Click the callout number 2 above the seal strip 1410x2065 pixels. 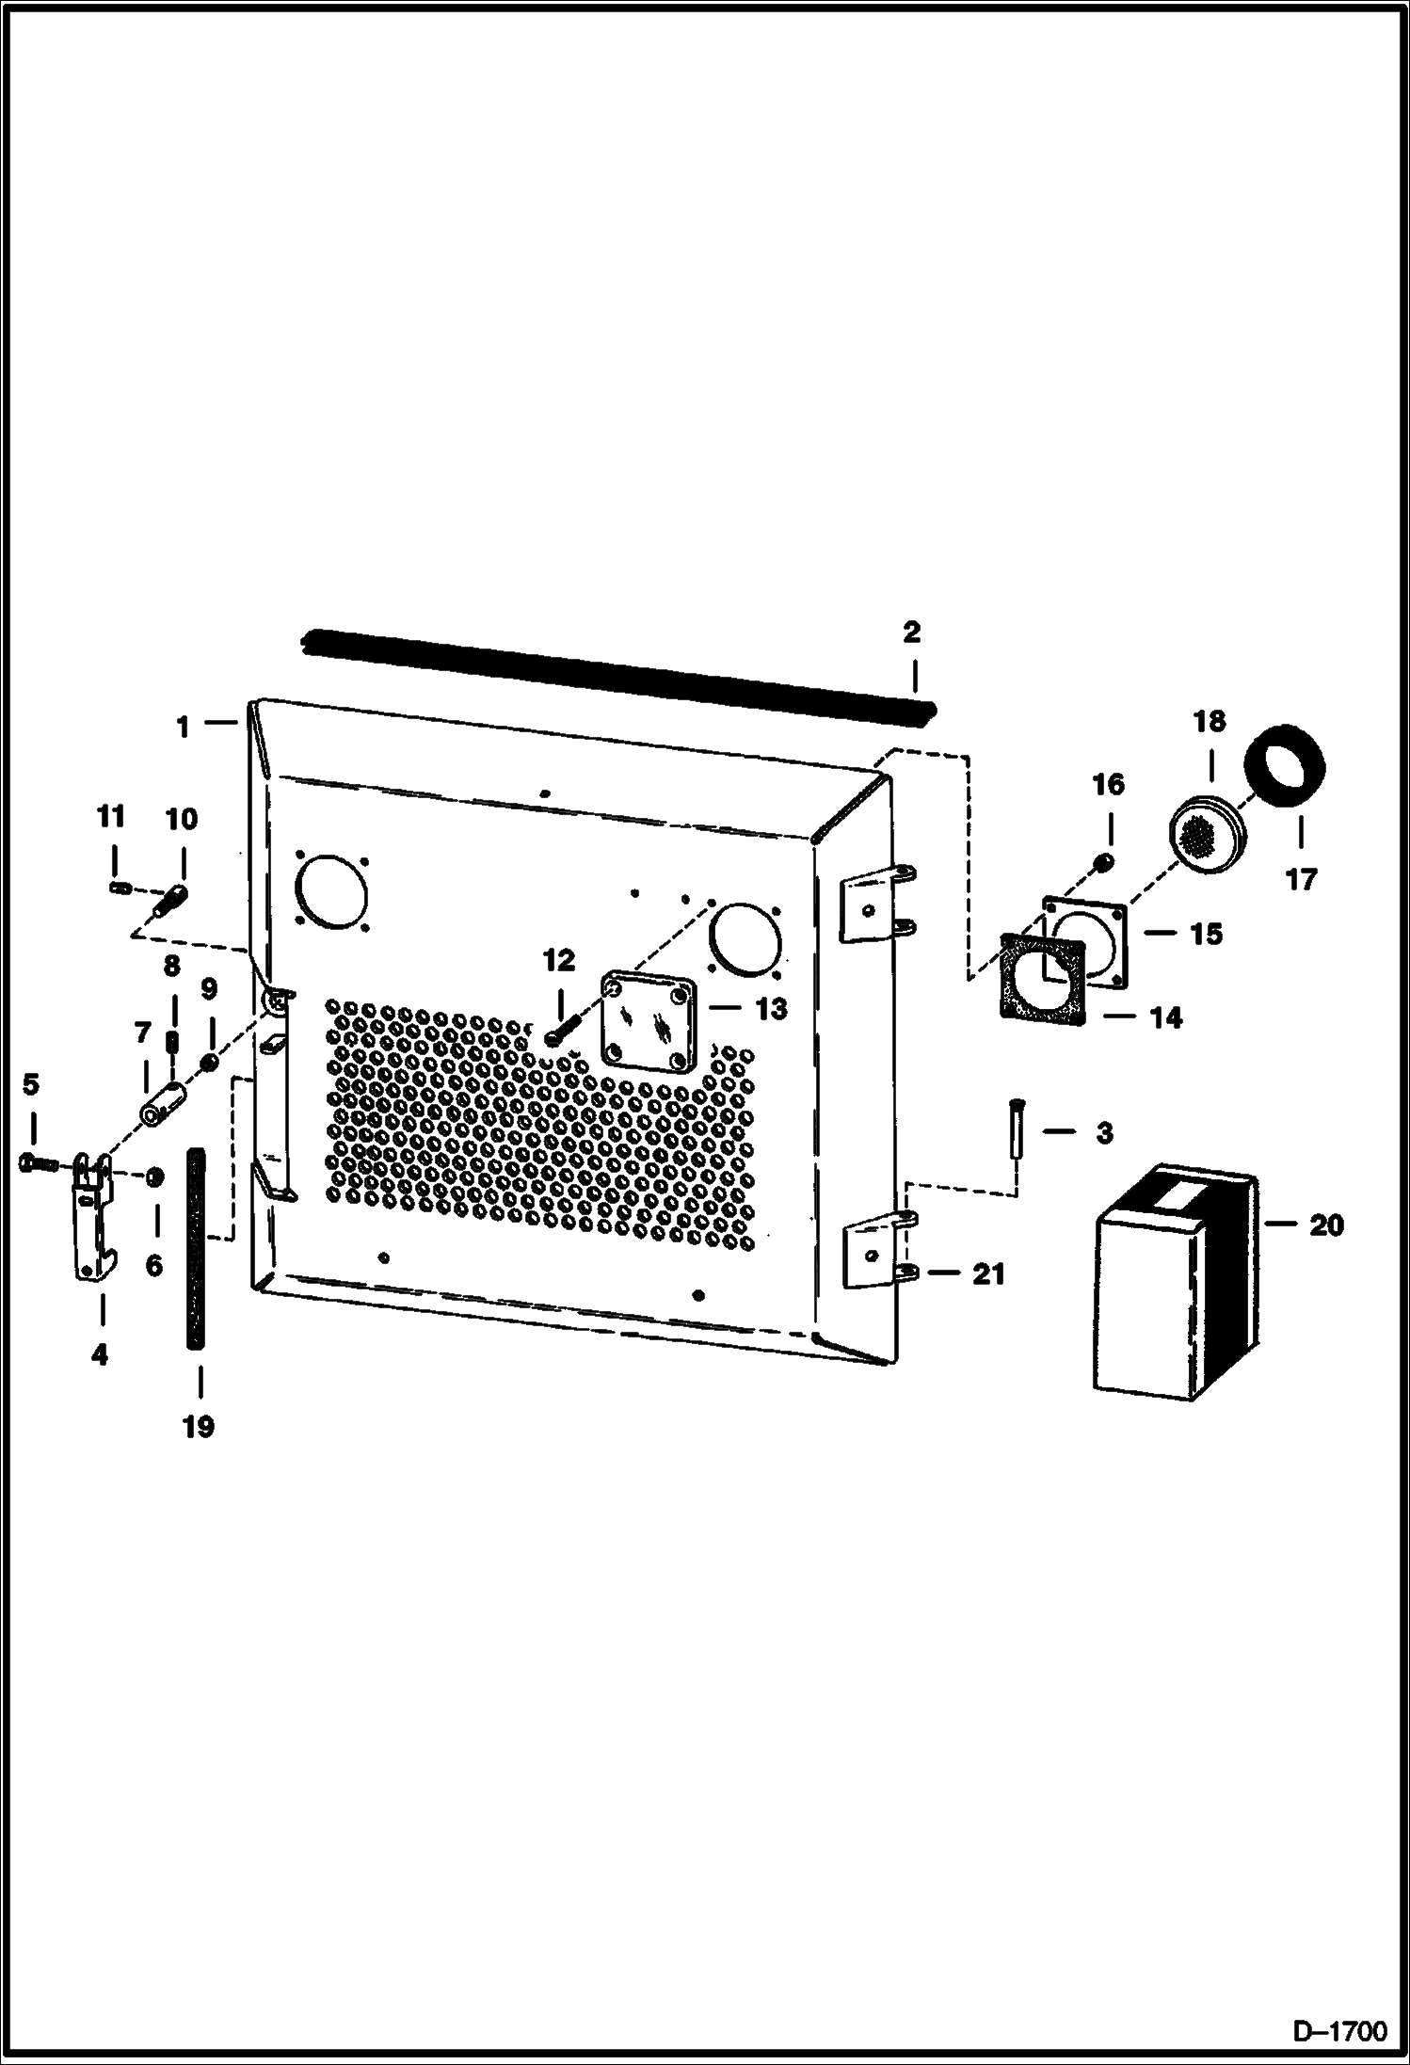(910, 632)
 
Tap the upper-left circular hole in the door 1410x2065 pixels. (329, 888)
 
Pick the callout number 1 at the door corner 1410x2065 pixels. (184, 727)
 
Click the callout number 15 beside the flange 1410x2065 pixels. (1205, 934)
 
